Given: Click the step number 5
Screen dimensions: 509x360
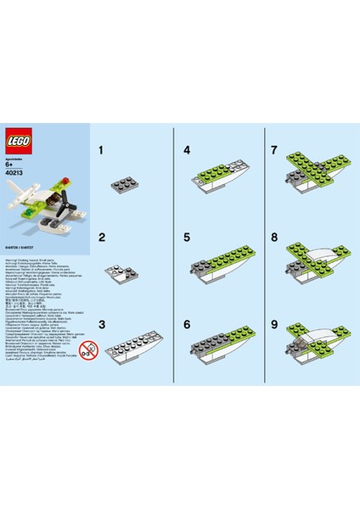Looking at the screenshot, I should [x=186, y=239].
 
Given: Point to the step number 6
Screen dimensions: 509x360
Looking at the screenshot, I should [x=186, y=323].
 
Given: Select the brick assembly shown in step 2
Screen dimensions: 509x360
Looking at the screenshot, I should [x=122, y=273].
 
